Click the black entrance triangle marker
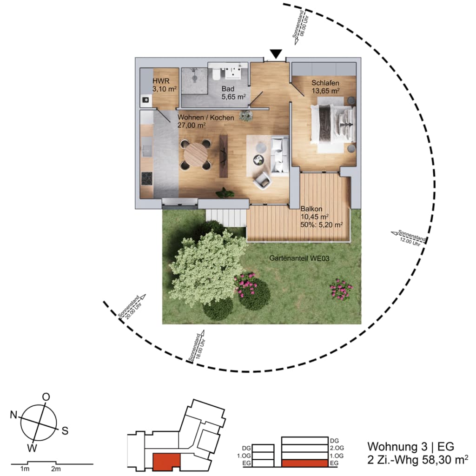tap(276, 54)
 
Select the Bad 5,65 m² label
tap(233, 93)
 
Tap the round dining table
tap(196, 154)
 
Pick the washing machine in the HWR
tap(146, 100)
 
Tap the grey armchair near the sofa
tap(262, 180)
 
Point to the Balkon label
tap(311, 209)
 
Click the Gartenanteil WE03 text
tap(299, 258)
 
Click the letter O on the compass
tap(46, 397)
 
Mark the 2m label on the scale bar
tap(56, 469)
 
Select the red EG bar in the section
tap(305, 463)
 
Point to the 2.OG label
tap(337, 448)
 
